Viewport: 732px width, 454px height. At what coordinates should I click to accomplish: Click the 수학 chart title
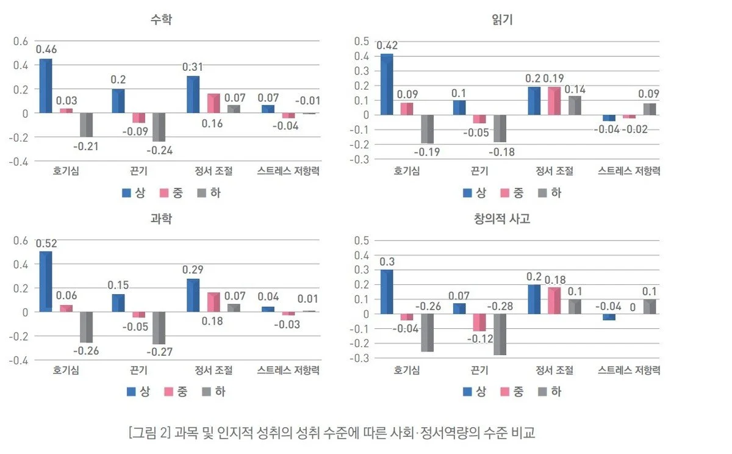[x=161, y=20]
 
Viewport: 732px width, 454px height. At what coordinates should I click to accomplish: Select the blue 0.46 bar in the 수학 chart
[x=46, y=86]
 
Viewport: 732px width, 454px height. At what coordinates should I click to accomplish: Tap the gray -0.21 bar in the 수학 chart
[x=86, y=125]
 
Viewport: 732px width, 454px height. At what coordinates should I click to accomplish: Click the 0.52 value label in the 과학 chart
[x=46, y=243]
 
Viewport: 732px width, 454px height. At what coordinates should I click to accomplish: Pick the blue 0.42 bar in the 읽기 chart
[x=387, y=84]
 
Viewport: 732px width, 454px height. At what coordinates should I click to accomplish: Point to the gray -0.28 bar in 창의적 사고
[x=500, y=334]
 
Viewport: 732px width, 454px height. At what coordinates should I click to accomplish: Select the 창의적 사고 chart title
[x=502, y=218]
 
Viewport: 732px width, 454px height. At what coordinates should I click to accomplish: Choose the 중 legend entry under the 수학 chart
[x=173, y=193]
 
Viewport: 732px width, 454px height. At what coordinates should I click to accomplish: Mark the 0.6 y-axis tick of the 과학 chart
[x=21, y=240]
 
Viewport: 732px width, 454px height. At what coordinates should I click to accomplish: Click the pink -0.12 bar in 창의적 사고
[x=480, y=322]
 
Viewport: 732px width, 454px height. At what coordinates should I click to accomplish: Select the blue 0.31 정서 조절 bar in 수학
[x=193, y=95]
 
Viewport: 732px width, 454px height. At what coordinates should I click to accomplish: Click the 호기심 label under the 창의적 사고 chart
[x=406, y=370]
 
